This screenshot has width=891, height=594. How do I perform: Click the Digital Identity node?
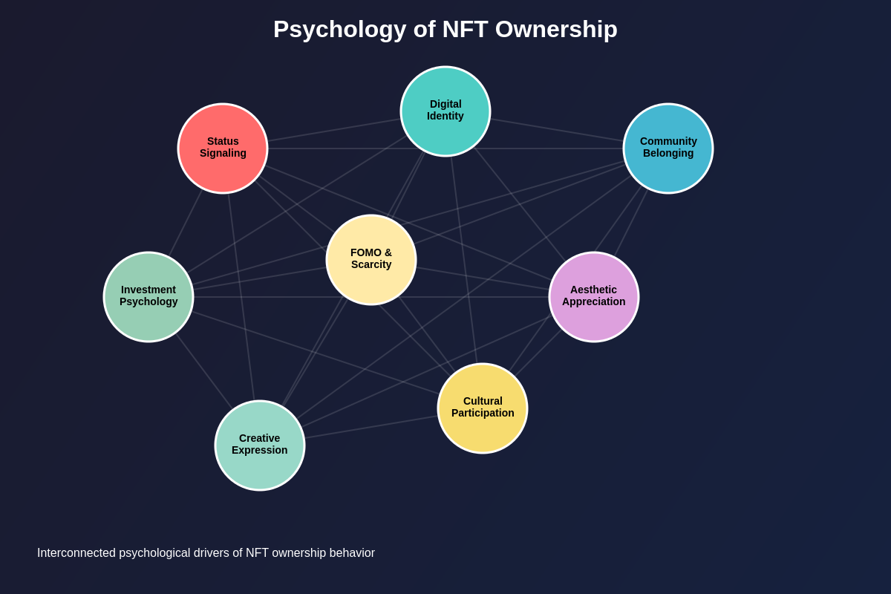click(x=446, y=111)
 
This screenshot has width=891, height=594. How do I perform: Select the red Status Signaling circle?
click(x=223, y=148)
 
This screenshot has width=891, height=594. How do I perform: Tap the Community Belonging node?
click(x=668, y=148)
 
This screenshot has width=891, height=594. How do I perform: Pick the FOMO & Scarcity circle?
click(x=371, y=260)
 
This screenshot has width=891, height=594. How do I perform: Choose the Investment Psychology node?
click(x=148, y=297)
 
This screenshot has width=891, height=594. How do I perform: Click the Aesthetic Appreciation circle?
click(x=594, y=297)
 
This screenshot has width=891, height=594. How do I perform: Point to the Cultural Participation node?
click(x=483, y=408)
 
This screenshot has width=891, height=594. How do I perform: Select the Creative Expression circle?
click(x=260, y=446)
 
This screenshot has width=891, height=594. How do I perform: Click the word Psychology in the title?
click(x=339, y=30)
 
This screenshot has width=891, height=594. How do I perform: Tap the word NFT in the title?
click(x=464, y=30)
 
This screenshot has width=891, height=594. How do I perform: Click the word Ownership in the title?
click(x=556, y=30)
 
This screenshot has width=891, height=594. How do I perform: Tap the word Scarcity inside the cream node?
click(x=371, y=265)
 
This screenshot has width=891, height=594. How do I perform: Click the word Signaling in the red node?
click(x=223, y=154)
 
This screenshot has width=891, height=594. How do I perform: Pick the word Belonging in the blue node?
click(x=668, y=154)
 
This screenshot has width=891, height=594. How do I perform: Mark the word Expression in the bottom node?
click(x=260, y=451)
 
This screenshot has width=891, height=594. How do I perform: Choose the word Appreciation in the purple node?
click(x=594, y=302)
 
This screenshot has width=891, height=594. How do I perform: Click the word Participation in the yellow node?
click(x=483, y=414)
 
